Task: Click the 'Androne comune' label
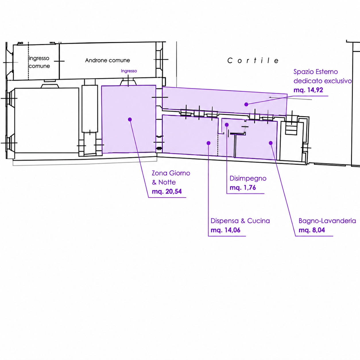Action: (107, 60)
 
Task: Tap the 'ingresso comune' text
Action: (39, 62)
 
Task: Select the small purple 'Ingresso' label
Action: (129, 71)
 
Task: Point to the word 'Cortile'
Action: (253, 61)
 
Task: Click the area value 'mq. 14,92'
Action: (308, 90)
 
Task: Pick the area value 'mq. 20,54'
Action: (167, 191)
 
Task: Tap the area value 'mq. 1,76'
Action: (243, 187)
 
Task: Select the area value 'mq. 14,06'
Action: (225, 230)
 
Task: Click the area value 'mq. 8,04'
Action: (312, 230)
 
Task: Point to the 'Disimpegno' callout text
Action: (248, 179)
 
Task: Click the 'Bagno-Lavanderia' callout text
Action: (327, 221)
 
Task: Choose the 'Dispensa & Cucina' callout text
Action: (240, 221)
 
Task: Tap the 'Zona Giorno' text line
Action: (171, 173)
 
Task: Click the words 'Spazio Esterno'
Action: (316, 72)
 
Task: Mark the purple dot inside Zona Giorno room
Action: (130, 119)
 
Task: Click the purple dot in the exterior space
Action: (246, 104)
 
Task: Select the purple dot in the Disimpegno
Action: (227, 125)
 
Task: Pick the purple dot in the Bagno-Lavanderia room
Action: (270, 143)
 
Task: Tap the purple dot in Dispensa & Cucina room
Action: (208, 143)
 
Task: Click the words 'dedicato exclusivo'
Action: (323, 81)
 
